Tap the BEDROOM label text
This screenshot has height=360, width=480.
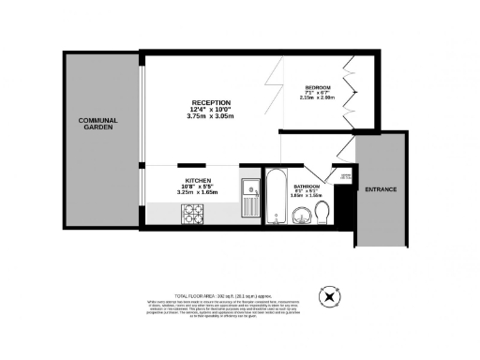(x=319, y=88)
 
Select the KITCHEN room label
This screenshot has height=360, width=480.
(x=197, y=180)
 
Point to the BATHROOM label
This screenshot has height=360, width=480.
(x=307, y=187)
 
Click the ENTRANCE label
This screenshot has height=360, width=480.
(x=381, y=189)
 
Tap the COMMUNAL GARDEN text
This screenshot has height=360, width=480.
(x=97, y=124)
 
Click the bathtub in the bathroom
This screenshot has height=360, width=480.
(x=276, y=197)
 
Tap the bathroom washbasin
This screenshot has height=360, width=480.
(x=302, y=217)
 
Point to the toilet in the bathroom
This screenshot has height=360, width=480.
(x=323, y=217)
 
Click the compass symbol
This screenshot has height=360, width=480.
(x=329, y=299)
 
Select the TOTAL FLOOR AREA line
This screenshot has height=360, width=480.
(x=239, y=294)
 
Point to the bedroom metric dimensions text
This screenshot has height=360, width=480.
(x=318, y=99)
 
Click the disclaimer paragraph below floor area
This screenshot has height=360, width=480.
(x=239, y=308)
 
